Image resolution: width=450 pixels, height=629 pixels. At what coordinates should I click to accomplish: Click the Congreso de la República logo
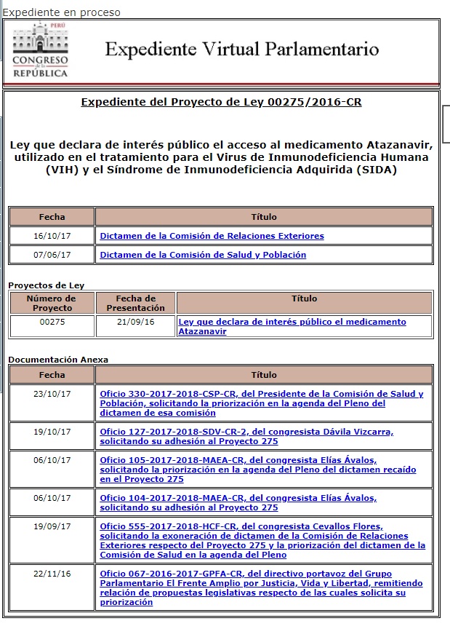coord(41,50)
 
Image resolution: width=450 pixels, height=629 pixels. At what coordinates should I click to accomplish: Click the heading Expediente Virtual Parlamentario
coord(242,50)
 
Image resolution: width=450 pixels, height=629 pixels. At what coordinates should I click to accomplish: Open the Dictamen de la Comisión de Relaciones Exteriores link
coord(212,236)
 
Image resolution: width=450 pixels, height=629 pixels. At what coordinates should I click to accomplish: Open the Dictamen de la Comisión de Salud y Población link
coord(203,255)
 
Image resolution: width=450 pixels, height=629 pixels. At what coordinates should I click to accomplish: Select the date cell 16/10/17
coord(52,236)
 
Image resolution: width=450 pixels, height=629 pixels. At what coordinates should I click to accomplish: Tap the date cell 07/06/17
coord(52,255)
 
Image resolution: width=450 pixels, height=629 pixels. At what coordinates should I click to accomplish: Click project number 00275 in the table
coord(52,322)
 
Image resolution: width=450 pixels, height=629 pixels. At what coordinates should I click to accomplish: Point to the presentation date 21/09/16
coord(135,322)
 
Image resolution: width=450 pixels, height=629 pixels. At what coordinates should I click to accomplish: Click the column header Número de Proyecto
coord(52,303)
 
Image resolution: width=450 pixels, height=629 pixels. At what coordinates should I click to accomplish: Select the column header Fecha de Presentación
coord(135,303)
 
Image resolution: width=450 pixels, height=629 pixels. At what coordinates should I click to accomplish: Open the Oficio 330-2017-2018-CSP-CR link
coord(261,403)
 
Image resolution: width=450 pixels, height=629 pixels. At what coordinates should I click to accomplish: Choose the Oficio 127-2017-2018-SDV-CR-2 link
coord(246,436)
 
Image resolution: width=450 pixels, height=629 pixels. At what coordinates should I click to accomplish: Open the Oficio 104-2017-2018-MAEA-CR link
coord(238,502)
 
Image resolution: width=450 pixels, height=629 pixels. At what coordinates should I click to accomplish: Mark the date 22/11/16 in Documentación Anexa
coord(52,574)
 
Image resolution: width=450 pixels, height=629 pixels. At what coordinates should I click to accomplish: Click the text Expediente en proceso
coord(61,12)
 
